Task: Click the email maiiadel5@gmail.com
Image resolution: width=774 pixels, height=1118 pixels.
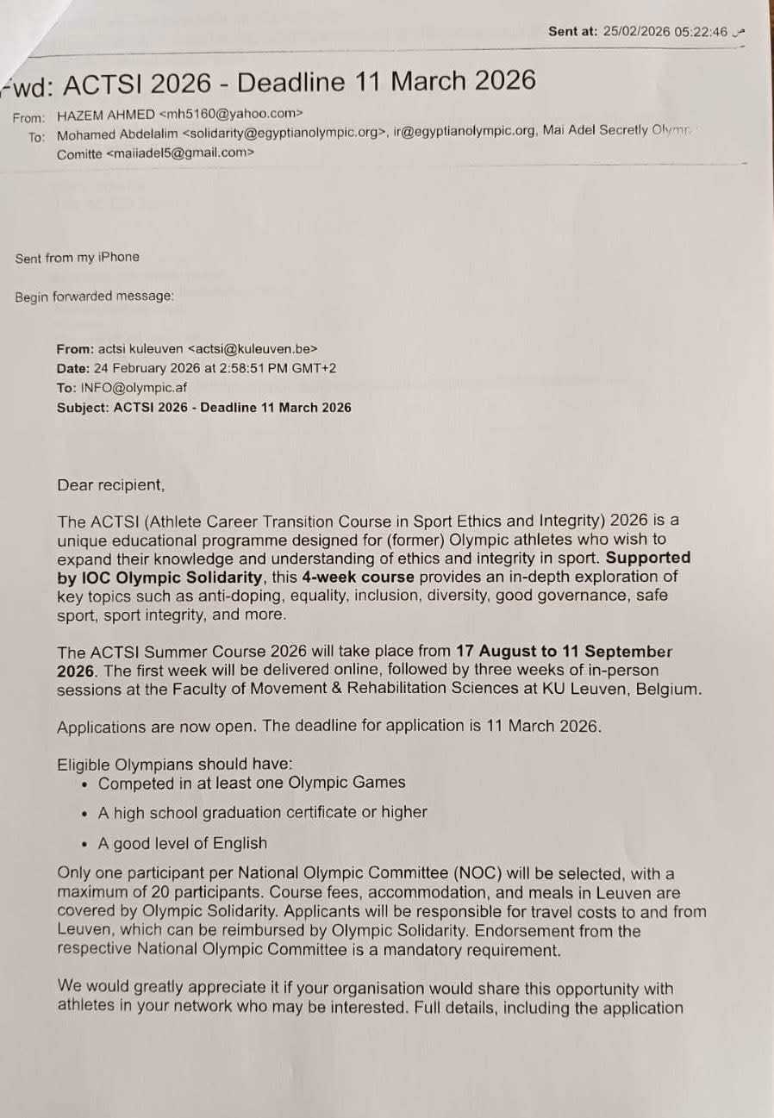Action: [181, 154]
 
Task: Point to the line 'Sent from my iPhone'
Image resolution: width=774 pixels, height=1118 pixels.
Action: [77, 257]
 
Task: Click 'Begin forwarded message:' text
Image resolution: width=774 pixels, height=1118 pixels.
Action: [94, 297]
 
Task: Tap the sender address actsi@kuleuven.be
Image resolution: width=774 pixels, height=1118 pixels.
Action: [255, 349]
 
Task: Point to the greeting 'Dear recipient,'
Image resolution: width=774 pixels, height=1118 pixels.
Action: [110, 485]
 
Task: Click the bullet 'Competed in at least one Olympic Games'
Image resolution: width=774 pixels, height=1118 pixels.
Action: [252, 783]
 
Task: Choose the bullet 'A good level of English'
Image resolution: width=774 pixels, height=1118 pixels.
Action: [183, 843]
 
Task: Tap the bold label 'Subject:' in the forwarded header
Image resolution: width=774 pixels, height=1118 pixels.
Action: [83, 407]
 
